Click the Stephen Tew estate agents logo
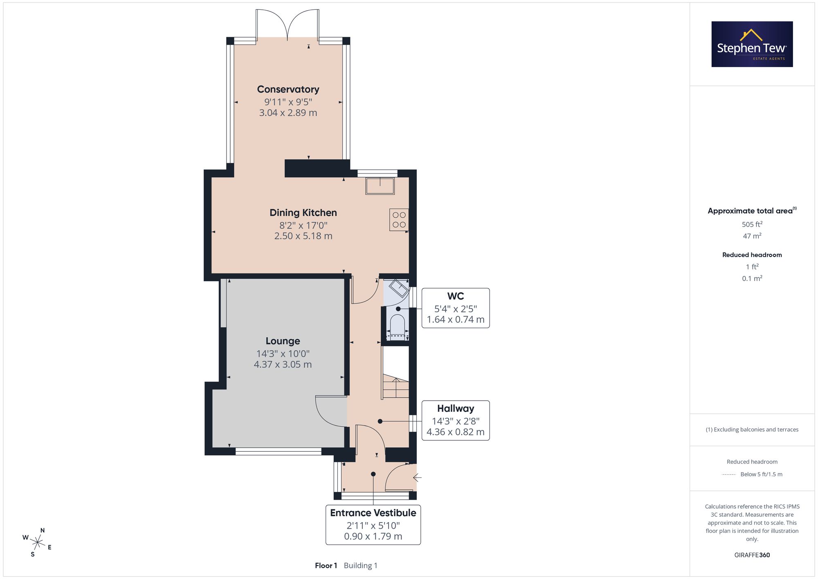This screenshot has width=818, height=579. tap(752, 44)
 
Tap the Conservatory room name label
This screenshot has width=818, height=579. tap(288, 89)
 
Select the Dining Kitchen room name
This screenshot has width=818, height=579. tap(303, 213)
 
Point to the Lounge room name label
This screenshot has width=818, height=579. tap(283, 341)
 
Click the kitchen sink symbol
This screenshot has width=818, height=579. tap(380, 186)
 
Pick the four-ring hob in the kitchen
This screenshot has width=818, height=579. tap(399, 220)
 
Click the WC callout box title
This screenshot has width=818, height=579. tap(456, 296)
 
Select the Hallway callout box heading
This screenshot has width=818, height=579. tap(456, 408)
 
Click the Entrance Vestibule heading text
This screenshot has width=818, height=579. tap(373, 513)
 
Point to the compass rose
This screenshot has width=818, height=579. tap(37, 543)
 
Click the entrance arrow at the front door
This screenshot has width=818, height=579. tap(417, 477)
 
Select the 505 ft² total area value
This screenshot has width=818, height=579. tap(752, 224)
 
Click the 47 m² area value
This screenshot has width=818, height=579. tap(752, 236)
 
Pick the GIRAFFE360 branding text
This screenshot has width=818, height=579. tap(752, 555)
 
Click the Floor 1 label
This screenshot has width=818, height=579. tap(326, 565)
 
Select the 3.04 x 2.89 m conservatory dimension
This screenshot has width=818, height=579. tap(288, 113)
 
